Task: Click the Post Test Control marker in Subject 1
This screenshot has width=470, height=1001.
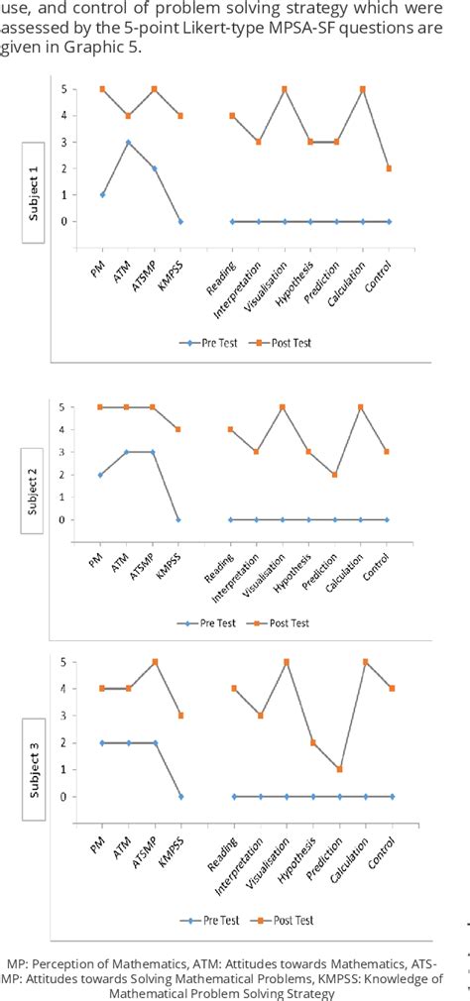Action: click(390, 168)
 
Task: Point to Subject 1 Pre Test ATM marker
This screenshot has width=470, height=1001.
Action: click(128, 143)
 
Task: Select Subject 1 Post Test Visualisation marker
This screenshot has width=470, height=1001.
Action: click(285, 89)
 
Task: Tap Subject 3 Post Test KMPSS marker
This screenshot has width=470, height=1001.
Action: click(180, 716)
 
